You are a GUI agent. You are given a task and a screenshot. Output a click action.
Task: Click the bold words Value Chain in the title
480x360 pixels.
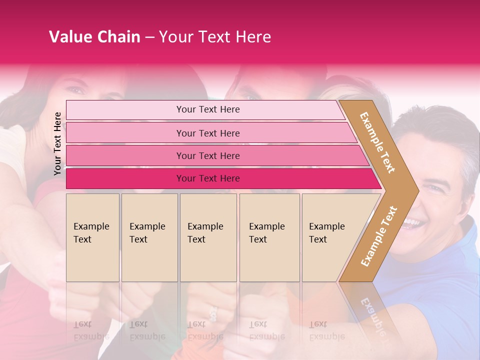point(94,37)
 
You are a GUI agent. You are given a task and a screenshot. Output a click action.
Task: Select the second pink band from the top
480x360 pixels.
point(208,133)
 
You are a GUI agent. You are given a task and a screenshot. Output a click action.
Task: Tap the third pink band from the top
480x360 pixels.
point(208,155)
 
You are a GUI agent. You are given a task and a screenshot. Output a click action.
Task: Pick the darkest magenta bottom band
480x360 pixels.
point(208,178)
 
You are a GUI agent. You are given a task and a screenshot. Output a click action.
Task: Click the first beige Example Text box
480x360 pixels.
point(92,237)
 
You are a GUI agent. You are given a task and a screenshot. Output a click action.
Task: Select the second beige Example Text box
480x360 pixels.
point(149,237)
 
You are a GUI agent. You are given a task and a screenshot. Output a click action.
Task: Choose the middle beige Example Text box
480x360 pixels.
point(208,237)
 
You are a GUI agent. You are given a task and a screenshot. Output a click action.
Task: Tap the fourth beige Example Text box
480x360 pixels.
point(269,237)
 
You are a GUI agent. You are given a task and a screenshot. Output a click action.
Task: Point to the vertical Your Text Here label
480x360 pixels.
point(57,143)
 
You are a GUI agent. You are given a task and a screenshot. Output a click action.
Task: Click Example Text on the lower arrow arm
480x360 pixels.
point(379,236)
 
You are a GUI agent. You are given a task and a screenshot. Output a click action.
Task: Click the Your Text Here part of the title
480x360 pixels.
point(215,37)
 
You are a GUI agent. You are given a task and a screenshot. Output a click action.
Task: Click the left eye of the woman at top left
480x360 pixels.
point(75,90)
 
